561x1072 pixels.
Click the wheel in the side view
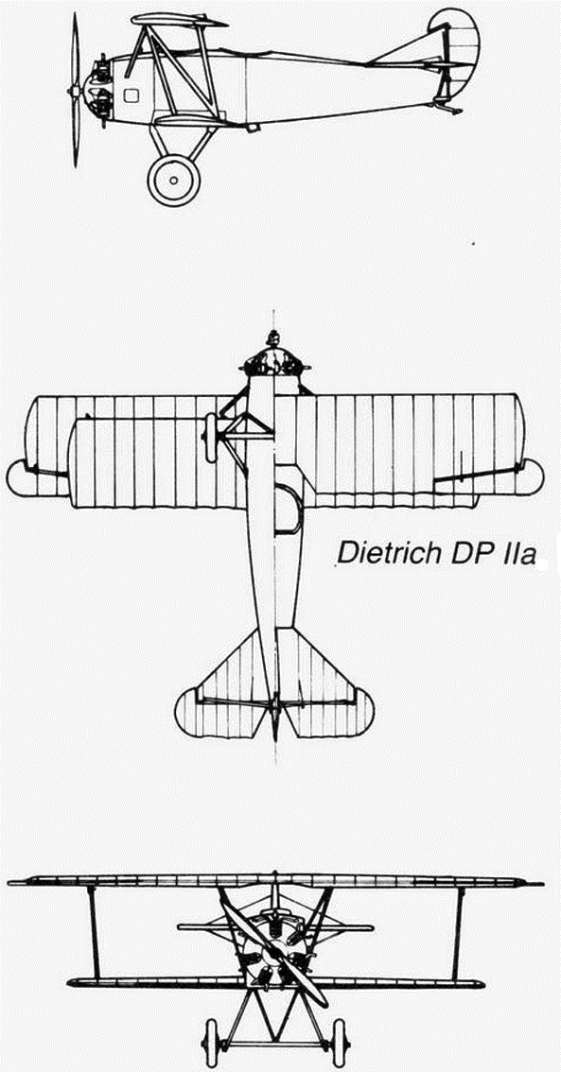(174, 180)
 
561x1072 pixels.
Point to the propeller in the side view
(75, 90)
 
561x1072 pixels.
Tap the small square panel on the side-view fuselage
(131, 95)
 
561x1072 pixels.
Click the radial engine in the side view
(99, 90)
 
